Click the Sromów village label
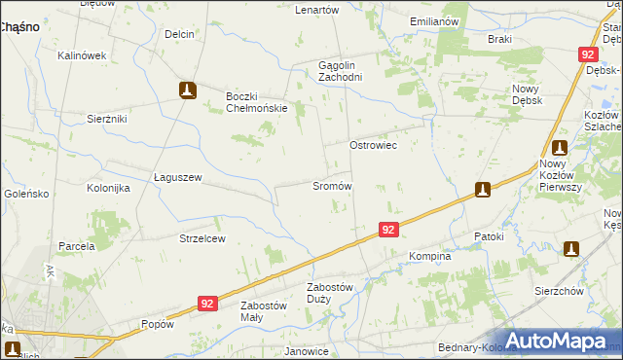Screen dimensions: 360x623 coord(331,185)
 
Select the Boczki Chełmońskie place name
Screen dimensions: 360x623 coord(257,101)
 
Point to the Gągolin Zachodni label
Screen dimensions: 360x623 coord(341,71)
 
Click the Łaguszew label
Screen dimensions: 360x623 coord(177,177)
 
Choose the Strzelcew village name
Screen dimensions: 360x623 coord(202,238)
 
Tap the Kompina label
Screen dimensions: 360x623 coord(429,257)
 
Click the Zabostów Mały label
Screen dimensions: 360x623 coord(264,310)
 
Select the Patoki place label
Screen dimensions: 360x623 coord(489,236)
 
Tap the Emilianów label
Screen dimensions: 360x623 coord(434,21)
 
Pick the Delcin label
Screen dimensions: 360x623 coord(179,34)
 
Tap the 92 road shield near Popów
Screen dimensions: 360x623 coord(206,304)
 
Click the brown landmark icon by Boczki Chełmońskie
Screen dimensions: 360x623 coord(188,90)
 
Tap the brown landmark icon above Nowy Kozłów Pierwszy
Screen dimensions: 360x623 coord(560,148)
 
